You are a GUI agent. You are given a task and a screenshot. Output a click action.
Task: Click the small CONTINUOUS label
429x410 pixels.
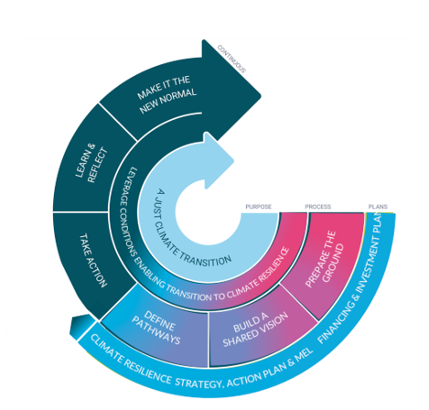[231, 57]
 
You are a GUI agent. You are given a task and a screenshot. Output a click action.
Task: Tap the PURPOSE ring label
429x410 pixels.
[259, 207]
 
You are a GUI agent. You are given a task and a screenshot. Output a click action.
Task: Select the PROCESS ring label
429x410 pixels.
[317, 207]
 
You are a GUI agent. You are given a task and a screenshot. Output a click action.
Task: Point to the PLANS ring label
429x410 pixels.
[378, 207]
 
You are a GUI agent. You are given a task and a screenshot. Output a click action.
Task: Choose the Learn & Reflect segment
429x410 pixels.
[84, 165]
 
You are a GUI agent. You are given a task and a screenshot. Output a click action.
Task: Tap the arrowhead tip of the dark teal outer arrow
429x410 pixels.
[258, 92]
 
